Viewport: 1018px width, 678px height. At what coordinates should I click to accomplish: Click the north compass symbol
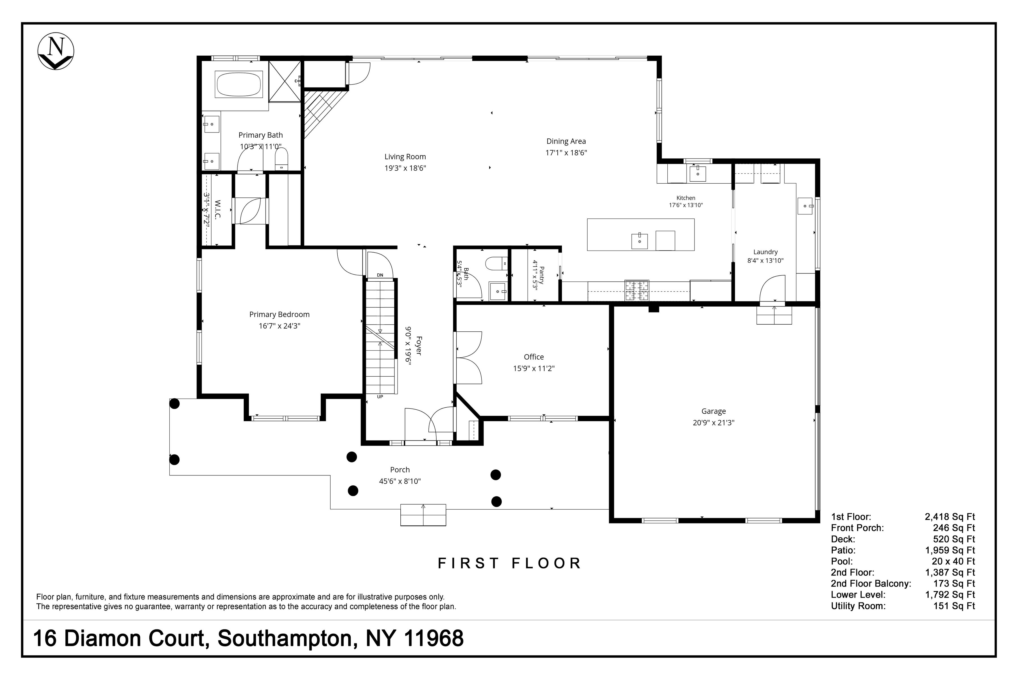click(56, 51)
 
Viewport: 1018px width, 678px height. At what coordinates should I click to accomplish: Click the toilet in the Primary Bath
click(281, 159)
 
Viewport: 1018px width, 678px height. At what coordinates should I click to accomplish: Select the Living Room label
click(405, 157)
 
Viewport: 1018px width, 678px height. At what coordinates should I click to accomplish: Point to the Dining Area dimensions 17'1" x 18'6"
click(566, 153)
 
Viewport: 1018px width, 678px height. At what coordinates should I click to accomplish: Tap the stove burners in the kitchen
click(636, 291)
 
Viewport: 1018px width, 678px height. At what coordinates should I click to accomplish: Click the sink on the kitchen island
click(639, 241)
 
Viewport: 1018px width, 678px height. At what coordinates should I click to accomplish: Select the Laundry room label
click(765, 252)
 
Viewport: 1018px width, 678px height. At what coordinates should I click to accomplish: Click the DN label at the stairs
click(380, 275)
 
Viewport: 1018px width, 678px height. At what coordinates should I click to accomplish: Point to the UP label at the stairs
click(380, 397)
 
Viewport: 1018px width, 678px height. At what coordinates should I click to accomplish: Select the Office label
click(534, 357)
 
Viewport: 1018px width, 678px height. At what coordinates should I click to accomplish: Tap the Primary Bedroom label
click(279, 314)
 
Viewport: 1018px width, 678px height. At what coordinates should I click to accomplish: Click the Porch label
click(400, 470)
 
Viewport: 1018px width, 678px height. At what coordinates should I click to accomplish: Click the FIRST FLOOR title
click(510, 563)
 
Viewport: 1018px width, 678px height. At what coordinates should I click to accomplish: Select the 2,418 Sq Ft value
click(950, 517)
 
